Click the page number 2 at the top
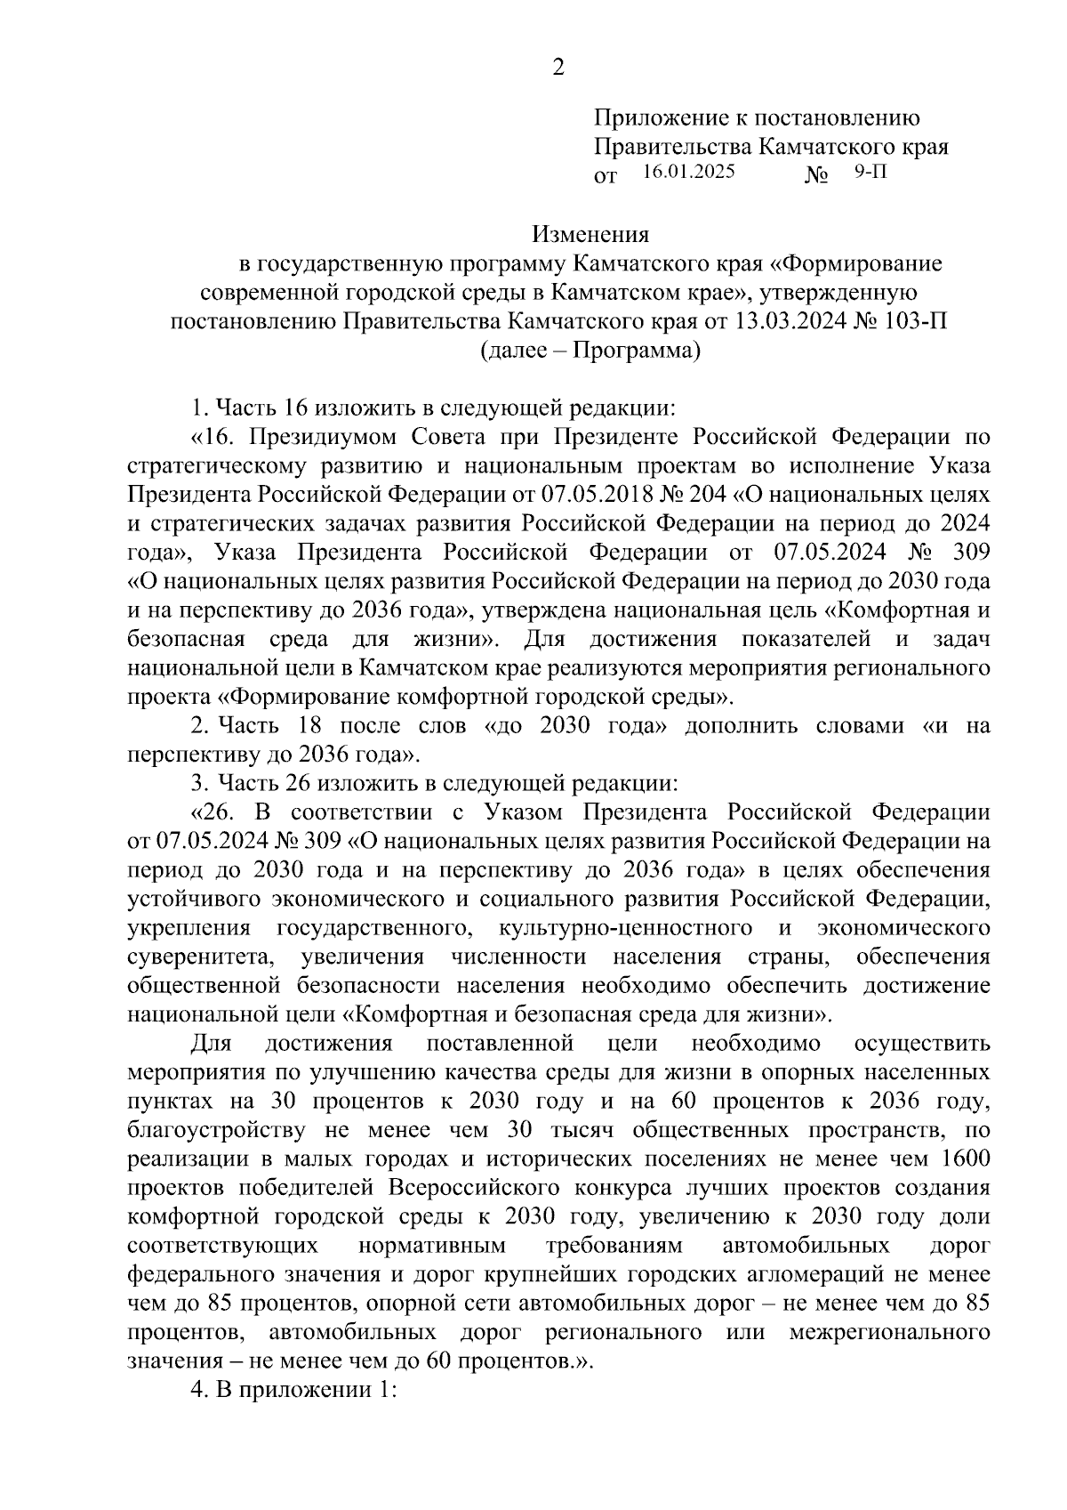coord(558,68)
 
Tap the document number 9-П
coord(870,172)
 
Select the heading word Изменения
coord(590,235)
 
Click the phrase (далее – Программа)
coord(590,351)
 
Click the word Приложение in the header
coord(651,117)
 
